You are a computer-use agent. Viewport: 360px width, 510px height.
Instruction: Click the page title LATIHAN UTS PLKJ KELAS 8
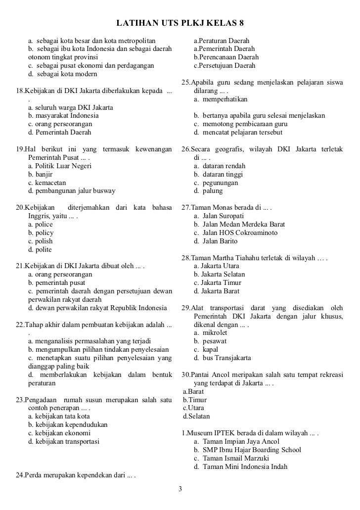tap(180, 23)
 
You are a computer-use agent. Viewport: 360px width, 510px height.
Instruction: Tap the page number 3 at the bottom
tap(180, 489)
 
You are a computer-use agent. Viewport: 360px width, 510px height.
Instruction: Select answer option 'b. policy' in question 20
tap(41, 232)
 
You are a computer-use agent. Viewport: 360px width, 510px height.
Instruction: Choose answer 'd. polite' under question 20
tap(40, 249)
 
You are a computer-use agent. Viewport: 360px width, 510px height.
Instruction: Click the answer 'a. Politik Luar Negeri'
tap(60, 166)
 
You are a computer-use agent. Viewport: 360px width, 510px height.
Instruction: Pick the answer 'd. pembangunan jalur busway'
tap(72, 191)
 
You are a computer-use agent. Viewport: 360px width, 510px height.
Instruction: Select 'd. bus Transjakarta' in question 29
tap(223, 358)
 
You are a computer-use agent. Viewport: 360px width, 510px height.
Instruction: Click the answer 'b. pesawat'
tap(211, 341)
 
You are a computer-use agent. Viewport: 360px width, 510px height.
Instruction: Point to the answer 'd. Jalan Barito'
tap(216, 241)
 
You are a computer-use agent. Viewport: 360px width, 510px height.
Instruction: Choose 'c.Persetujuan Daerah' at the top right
tap(225, 65)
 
